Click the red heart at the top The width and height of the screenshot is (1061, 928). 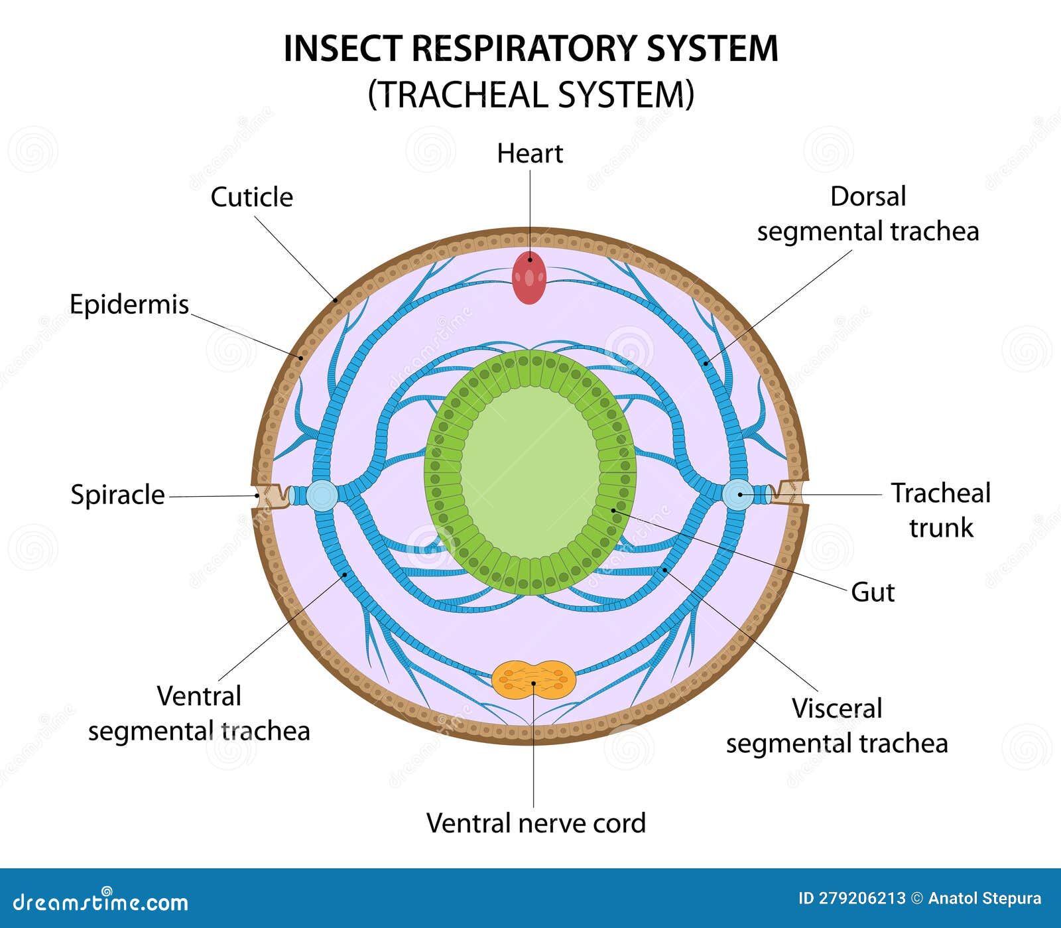[x=529, y=277]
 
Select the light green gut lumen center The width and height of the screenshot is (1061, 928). [x=529, y=472]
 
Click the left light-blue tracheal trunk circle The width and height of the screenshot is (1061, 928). [x=322, y=496]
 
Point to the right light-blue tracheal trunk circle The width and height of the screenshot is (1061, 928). [x=737, y=495]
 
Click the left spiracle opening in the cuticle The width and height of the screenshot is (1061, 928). [x=271, y=496]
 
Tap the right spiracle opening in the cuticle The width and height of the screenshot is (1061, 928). [x=788, y=494]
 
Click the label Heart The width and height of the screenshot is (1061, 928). [x=529, y=154]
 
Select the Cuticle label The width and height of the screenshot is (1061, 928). [x=251, y=197]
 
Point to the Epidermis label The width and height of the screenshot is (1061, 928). [x=129, y=304]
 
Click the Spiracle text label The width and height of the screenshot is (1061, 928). [x=117, y=495]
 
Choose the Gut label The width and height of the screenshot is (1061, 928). [x=872, y=592]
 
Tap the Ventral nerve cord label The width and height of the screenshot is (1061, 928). [x=536, y=823]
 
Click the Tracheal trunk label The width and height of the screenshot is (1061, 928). [x=940, y=510]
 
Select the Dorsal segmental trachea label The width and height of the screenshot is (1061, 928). [x=867, y=214]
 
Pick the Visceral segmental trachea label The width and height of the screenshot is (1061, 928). [x=837, y=726]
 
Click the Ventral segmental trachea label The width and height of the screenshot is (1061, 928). [x=199, y=714]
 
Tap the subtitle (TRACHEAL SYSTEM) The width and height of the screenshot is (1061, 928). [x=530, y=94]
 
